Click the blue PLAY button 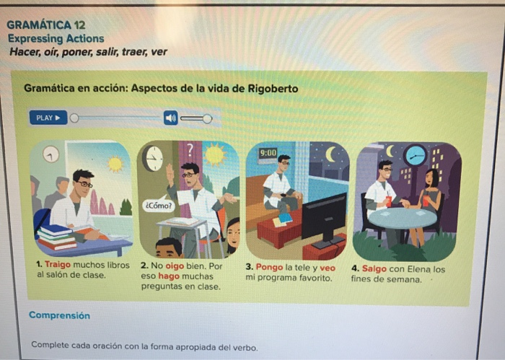[48, 118]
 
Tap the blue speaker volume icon [171, 118]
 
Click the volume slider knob [207, 119]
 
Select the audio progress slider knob [74, 118]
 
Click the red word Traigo [58, 265]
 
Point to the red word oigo [175, 266]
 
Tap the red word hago [168, 276]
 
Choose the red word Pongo [269, 267]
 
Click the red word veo [328, 268]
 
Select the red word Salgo [374, 268]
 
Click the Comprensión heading [59, 315]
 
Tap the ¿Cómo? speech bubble [159, 206]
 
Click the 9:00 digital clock [268, 153]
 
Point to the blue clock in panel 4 [416, 155]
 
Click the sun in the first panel [115, 164]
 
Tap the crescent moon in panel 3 [330, 154]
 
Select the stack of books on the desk [56, 237]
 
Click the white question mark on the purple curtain [190, 150]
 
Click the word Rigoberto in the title [273, 89]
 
